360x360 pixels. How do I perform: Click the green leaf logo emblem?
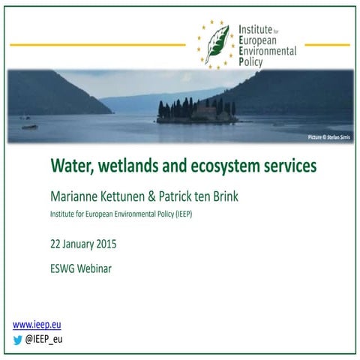click(217, 43)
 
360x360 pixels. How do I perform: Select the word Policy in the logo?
click(253, 64)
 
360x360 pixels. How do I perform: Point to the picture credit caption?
click(329, 137)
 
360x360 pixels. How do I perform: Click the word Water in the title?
click(70, 164)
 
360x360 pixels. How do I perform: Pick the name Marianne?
click(75, 197)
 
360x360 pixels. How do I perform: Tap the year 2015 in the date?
click(103, 244)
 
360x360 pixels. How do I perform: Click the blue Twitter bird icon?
click(18, 339)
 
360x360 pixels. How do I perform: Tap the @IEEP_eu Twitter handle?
click(44, 339)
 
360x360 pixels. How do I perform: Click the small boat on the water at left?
click(29, 127)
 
